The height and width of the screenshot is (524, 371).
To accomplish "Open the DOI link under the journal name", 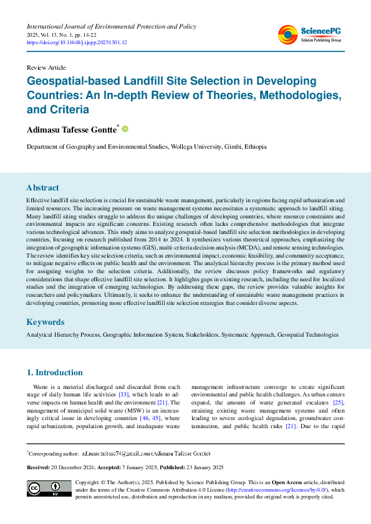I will (x=76, y=42).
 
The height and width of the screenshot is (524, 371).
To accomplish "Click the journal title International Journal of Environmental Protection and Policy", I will (x=111, y=27).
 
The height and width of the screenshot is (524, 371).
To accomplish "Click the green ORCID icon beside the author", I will (x=125, y=129).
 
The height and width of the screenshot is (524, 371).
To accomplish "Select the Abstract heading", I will (x=42, y=187).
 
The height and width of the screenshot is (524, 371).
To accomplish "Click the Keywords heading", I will (x=45, y=322).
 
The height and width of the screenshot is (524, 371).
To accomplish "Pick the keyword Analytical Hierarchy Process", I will (x=62, y=335).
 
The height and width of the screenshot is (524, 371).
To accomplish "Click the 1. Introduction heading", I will (x=54, y=373).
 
